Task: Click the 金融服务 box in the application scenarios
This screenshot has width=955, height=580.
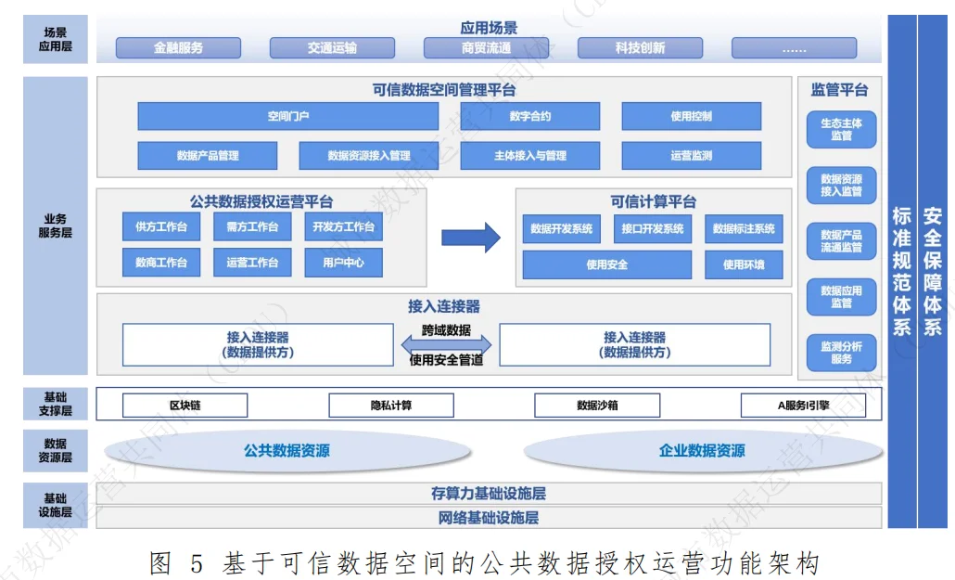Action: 178,48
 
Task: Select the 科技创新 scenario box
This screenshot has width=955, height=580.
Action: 640,48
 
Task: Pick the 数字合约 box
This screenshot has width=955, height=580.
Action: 529,116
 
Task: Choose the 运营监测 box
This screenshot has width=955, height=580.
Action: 691,156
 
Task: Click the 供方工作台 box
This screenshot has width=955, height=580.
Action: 161,226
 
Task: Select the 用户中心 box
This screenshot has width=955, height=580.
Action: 343,263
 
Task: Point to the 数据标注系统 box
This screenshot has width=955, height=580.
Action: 744,228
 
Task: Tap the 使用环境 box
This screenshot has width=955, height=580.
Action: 744,264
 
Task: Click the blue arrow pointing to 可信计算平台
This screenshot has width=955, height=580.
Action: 470,238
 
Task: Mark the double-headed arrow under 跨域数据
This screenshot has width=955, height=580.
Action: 446,345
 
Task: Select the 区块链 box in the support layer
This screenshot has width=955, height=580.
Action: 185,406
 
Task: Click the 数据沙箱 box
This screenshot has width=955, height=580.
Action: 597,406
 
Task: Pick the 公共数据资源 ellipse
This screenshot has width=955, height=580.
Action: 286,451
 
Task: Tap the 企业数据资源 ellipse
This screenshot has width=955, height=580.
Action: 702,451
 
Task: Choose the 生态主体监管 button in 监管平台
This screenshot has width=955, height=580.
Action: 841,130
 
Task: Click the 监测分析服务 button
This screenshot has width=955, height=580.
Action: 841,353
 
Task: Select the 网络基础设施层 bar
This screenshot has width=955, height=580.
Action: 489,518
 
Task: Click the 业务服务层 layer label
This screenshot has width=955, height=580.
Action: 55,226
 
